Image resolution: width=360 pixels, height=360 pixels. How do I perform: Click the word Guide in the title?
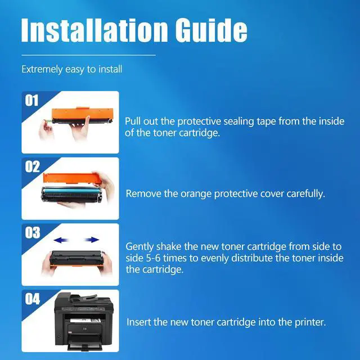pyautogui.click(x=211, y=30)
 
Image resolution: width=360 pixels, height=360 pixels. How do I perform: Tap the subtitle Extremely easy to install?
pyautogui.click(x=71, y=69)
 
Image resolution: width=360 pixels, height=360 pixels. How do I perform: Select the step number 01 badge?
pyautogui.click(x=31, y=101)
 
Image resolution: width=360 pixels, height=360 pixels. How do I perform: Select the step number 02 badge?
pyautogui.click(x=32, y=166)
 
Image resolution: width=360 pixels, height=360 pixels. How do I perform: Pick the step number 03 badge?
pyautogui.click(x=33, y=232)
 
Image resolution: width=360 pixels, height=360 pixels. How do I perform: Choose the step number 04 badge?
pyautogui.click(x=33, y=299)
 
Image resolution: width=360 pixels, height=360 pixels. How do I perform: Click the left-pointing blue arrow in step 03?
pyautogui.click(x=61, y=240)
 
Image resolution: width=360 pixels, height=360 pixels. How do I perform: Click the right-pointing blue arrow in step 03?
pyautogui.click(x=91, y=240)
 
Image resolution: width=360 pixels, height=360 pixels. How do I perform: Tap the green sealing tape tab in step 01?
pyautogui.click(x=48, y=121)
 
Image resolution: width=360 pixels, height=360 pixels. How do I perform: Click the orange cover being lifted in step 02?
pyautogui.click(x=72, y=178)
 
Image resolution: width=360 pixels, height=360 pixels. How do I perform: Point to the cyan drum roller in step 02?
pyautogui.click(x=71, y=190)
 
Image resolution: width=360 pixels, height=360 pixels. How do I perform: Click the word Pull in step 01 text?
pyautogui.click(x=133, y=121)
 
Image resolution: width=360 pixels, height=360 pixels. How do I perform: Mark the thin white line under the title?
pyautogui.click(x=88, y=55)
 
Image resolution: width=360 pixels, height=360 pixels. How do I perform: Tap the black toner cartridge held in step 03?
pyautogui.click(x=76, y=258)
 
